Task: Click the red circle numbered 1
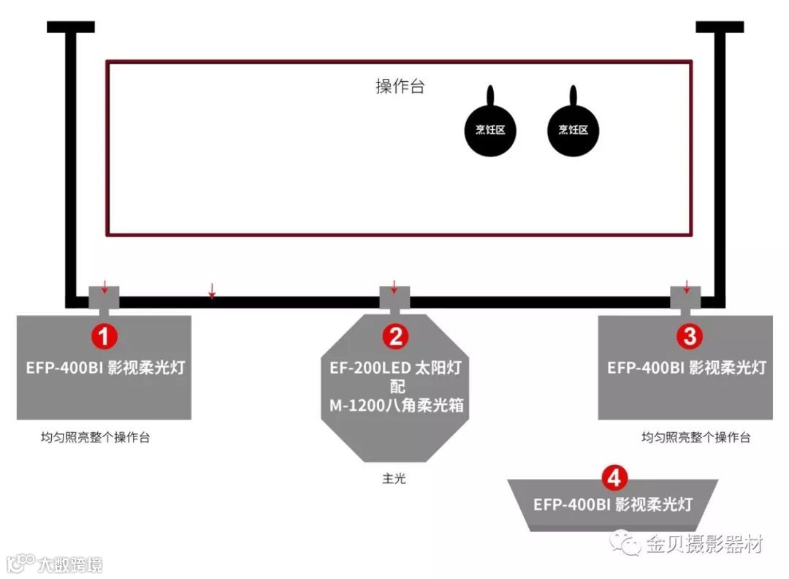104,336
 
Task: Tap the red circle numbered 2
394,336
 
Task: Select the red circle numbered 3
689,336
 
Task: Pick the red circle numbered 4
614,478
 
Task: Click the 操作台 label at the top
400,86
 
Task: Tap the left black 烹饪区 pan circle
490,130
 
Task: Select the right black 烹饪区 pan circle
573,130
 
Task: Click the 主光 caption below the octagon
394,479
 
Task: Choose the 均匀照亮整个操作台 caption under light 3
695,438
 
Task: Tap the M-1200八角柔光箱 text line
394,405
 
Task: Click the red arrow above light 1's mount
104,285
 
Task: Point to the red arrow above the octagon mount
394,286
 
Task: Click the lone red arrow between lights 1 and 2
212,291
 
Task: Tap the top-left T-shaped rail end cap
71,27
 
